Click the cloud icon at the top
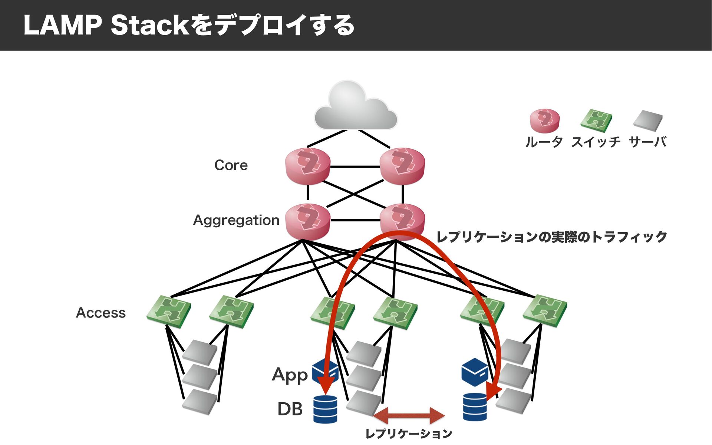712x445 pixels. point(356,106)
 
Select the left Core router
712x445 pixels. point(308,166)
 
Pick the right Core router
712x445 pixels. point(402,166)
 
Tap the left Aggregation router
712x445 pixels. point(308,221)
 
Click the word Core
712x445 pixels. point(231,165)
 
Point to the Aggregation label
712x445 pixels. point(236,220)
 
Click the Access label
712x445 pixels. point(101,313)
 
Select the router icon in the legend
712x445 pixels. point(544,121)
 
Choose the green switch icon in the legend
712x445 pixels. point(596,121)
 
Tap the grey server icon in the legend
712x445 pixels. point(648,121)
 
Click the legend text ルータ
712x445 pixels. point(544,142)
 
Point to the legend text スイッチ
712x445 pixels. point(596,142)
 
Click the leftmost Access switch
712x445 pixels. point(169,311)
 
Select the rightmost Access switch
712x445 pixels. point(545,311)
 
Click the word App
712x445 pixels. point(290,375)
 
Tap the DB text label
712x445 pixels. point(290,409)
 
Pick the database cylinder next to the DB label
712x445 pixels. point(325,409)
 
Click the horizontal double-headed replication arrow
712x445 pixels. point(409,415)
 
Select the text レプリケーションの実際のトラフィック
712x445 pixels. point(552,237)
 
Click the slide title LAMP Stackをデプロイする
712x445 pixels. point(189,25)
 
